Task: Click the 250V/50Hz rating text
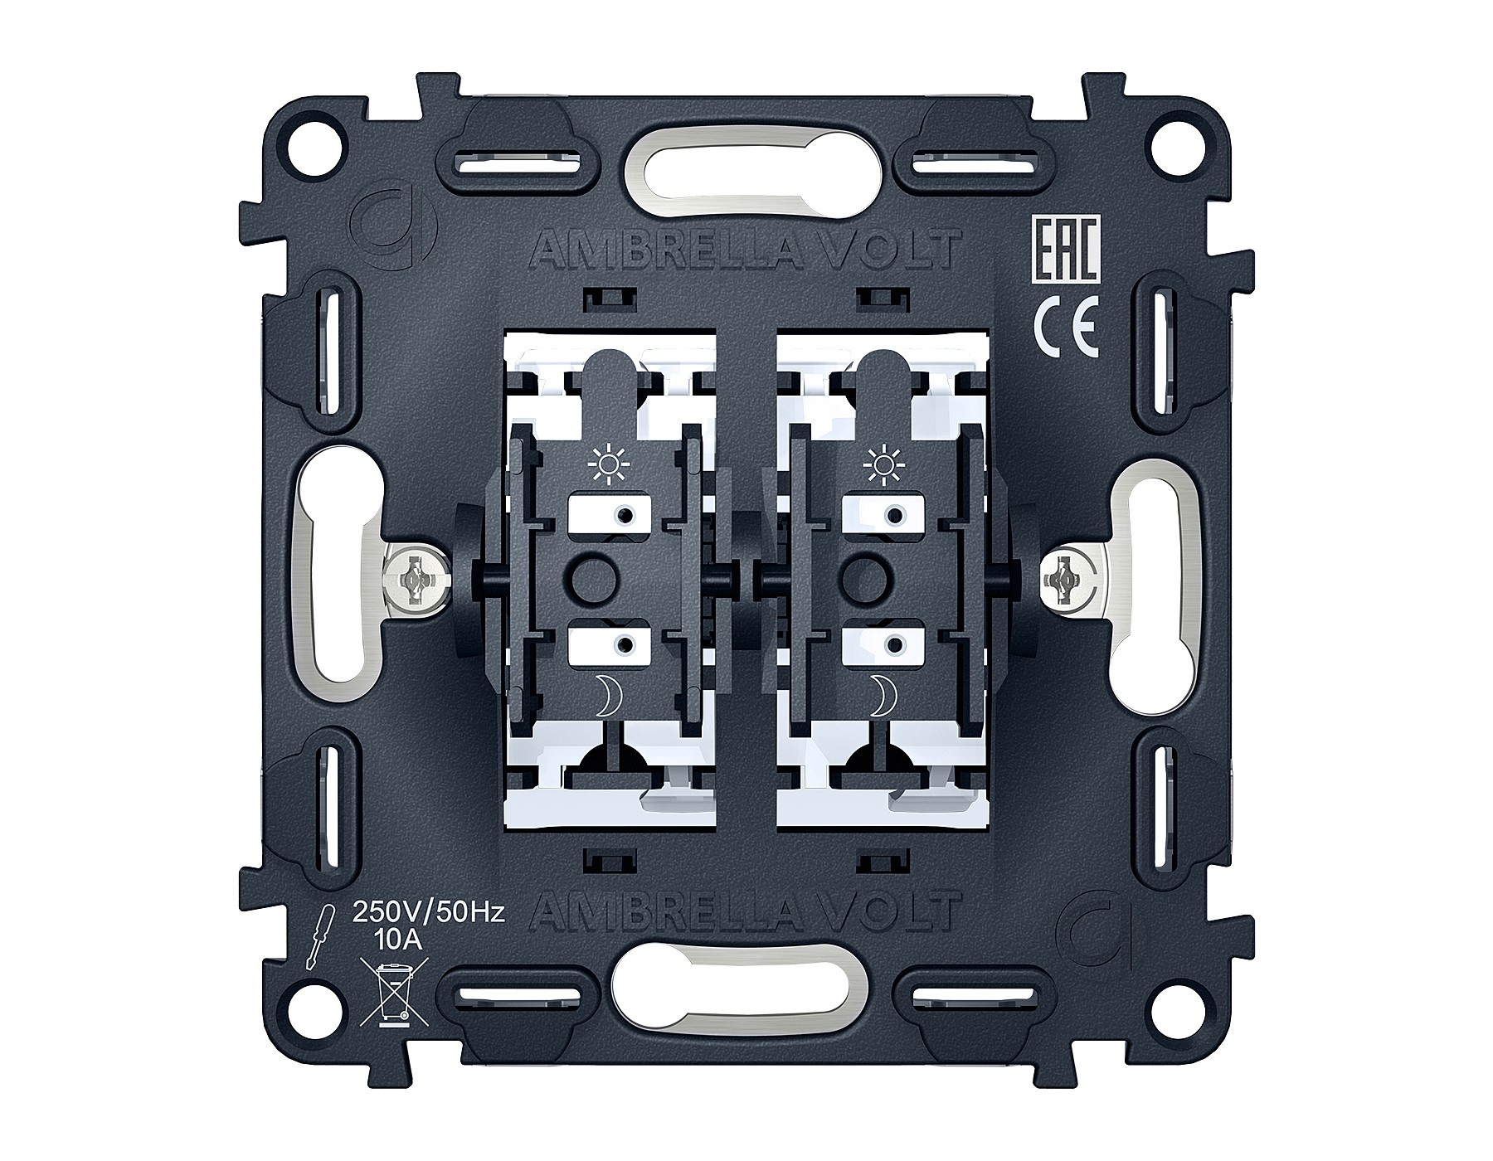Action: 429,914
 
